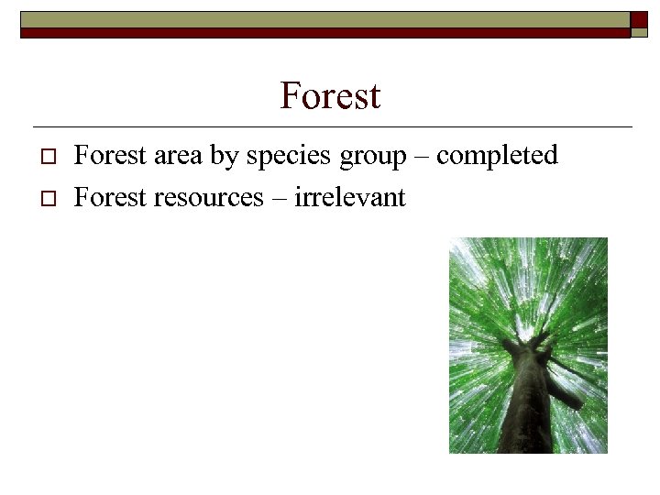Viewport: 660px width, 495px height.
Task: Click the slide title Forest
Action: [x=330, y=95]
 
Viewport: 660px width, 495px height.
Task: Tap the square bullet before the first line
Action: [x=49, y=158]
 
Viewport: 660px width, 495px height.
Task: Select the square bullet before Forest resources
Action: [x=49, y=198]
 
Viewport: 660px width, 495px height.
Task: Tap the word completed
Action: [x=497, y=157]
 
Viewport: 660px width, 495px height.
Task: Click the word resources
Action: [x=209, y=197]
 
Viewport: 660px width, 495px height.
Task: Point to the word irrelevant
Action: [x=349, y=196]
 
